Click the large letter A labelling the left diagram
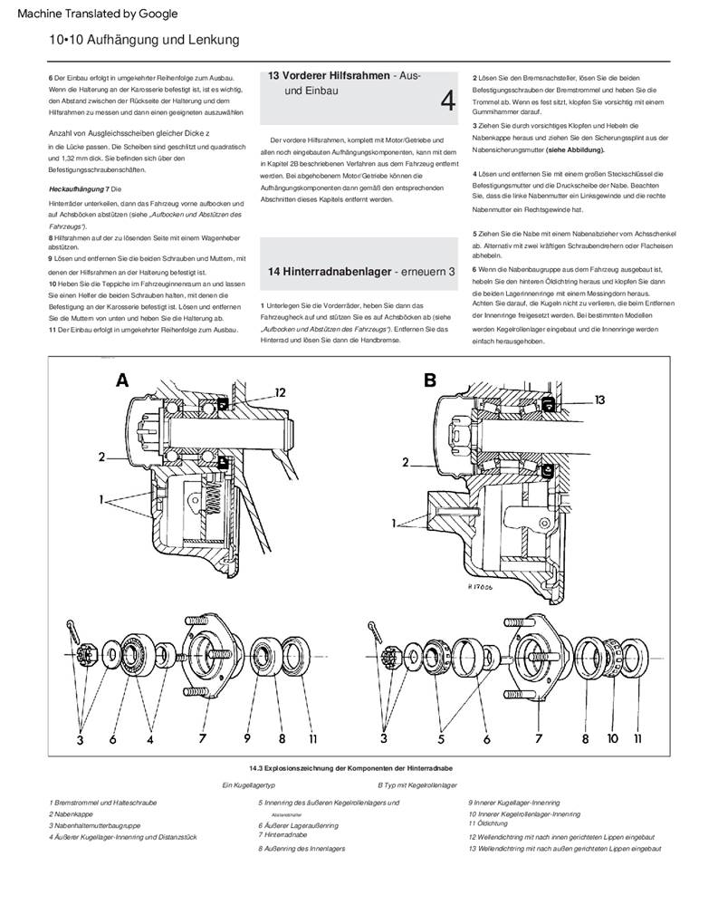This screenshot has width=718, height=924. point(122,381)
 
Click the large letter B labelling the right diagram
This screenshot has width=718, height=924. point(430,381)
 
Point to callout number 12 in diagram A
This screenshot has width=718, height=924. point(280,392)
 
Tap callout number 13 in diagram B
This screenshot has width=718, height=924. point(601,398)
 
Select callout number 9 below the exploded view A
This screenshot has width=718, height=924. point(247,739)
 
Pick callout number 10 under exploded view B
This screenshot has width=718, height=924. point(614,739)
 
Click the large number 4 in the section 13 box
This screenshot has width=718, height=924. point(447,101)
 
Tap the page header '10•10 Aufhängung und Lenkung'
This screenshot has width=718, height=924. point(145,40)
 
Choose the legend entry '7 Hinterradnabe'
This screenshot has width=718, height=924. point(285,834)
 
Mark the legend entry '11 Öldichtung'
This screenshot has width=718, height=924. point(488,823)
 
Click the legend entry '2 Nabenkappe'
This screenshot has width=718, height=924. point(72,814)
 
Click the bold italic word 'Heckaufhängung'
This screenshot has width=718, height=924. point(76,188)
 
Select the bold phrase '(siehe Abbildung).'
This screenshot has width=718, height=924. point(575,149)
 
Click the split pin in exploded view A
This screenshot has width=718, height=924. point(72,627)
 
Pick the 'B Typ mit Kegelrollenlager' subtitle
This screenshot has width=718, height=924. point(417,784)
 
